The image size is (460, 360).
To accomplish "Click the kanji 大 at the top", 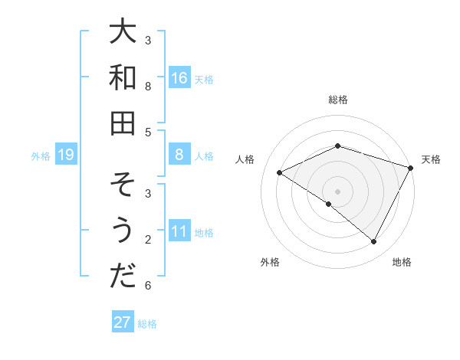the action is click(123, 33).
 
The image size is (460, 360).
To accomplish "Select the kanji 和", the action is click(123, 77).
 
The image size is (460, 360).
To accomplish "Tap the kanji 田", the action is click(123, 123).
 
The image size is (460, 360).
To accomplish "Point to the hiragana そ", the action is click(123, 185).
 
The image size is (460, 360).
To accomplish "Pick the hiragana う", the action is click(123, 231).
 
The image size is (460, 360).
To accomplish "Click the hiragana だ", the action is click(123, 276).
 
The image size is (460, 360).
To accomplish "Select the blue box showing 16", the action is click(179, 78).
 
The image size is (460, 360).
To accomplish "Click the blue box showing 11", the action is click(179, 232).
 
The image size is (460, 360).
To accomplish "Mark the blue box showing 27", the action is click(123, 322).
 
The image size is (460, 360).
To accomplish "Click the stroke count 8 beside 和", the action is click(148, 86).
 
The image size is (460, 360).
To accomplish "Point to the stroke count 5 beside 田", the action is click(148, 132).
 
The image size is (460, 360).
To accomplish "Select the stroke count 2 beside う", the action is click(148, 241).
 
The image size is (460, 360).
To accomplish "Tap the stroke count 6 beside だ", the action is click(148, 286).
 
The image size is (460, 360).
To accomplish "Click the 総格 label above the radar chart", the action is click(338, 100).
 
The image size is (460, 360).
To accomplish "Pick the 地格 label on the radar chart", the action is click(402, 262).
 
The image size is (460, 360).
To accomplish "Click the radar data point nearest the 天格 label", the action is click(412, 167).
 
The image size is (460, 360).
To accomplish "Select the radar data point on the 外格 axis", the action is click(329, 204).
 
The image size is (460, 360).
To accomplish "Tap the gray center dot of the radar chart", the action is click(338, 191).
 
